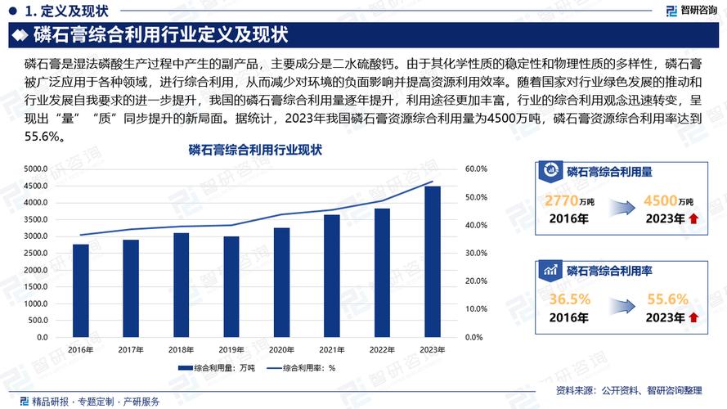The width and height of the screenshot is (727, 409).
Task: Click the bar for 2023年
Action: pyautogui.click(x=433, y=262)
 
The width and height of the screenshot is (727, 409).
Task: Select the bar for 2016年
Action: pyautogui.click(x=80, y=290)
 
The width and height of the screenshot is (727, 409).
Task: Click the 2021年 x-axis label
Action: pyautogui.click(x=332, y=349)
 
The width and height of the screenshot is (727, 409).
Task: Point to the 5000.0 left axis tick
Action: pyautogui.click(x=35, y=169)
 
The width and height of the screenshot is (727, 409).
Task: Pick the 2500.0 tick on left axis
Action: pyautogui.click(x=35, y=253)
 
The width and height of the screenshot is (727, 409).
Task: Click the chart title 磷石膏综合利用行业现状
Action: pyautogui.click(x=255, y=151)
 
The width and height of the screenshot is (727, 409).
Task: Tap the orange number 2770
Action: pyautogui.click(x=562, y=201)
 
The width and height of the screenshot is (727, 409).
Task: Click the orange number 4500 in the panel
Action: pyautogui.click(x=660, y=201)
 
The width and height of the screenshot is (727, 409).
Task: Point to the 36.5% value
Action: pyautogui.click(x=569, y=299)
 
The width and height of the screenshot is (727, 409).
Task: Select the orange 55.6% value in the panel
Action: pyautogui.click(x=667, y=299)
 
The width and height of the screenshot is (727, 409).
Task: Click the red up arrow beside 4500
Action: pyautogui.click(x=693, y=218)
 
